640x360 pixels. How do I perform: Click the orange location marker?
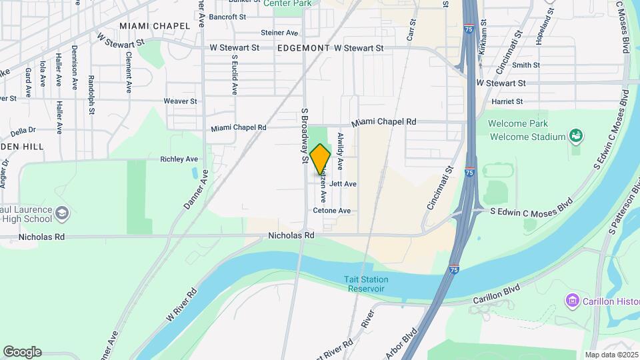click(321, 159)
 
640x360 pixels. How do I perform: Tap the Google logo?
click(22, 352)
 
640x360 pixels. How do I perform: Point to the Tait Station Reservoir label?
click(364, 284)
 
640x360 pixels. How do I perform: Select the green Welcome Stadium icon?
click(575, 137)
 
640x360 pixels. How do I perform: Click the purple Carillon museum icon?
click(571, 301)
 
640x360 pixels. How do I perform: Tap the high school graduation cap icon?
click(62, 213)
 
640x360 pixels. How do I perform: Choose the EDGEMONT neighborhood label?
click(303, 48)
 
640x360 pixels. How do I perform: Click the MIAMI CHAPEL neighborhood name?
click(145, 25)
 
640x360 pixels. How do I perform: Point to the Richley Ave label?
click(179, 159)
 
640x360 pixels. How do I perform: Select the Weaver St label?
click(181, 101)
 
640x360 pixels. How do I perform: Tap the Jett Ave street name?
click(343, 183)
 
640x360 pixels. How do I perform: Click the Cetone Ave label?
click(331, 211)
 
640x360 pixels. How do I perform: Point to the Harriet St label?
click(507, 102)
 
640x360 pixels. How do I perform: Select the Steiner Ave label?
click(279, 32)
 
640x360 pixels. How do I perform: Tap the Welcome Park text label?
click(518, 124)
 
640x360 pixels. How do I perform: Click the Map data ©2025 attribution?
click(611, 355)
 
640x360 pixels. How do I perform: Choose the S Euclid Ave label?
click(235, 75)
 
